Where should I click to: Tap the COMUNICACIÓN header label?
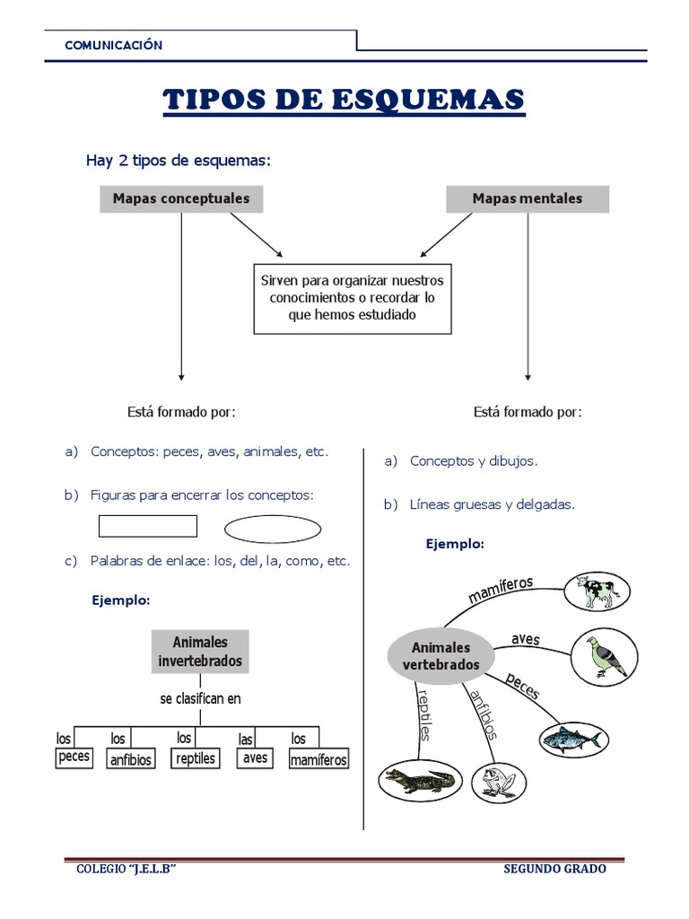coord(113,45)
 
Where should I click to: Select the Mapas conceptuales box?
coord(181,198)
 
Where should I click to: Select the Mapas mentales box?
coord(527,198)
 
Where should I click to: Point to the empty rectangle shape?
coord(147,526)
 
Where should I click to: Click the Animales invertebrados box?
coord(200,652)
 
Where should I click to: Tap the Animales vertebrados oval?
coord(440,656)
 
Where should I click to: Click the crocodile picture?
coord(419,781)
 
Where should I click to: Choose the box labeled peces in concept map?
coord(74,757)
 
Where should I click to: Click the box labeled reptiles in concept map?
coord(195,758)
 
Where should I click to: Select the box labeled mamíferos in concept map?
coord(318,760)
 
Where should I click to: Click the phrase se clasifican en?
coord(200,698)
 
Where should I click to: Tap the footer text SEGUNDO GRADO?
coord(554,869)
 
